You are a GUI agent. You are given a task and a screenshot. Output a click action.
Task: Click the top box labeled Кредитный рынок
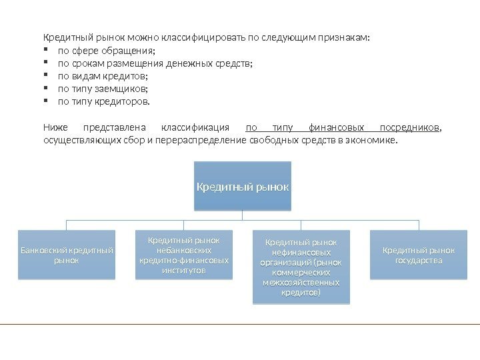[243, 186]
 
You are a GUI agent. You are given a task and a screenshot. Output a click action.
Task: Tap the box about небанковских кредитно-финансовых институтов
[184, 255]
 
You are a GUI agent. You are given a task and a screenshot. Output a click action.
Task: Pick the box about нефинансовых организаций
[301, 267]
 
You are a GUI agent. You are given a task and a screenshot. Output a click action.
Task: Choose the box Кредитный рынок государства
[419, 255]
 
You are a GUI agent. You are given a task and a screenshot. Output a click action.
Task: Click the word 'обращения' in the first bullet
[133, 51]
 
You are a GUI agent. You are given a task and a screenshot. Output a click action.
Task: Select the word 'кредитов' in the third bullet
[128, 76]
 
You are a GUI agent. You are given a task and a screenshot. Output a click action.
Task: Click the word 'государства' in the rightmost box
[419, 261]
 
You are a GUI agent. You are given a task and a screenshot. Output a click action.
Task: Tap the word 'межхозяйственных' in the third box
[301, 283]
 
